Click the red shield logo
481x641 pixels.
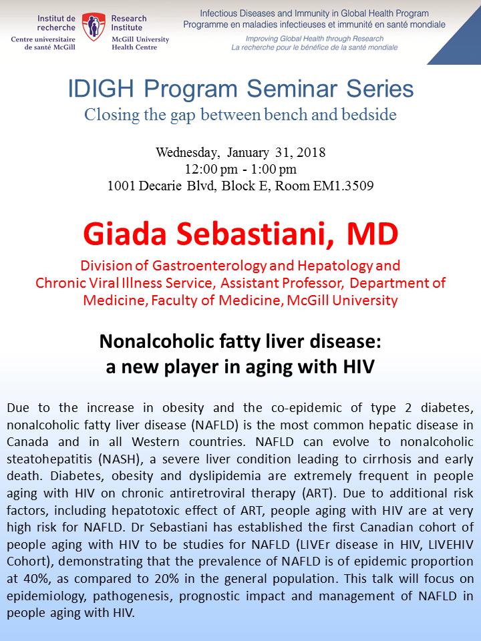[x=94, y=27]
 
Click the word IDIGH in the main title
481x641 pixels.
[x=101, y=89]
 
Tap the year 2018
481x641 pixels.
[x=311, y=152]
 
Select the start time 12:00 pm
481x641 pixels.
[x=211, y=169]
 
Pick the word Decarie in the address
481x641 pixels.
[x=160, y=186]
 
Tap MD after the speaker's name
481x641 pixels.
[x=372, y=234]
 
